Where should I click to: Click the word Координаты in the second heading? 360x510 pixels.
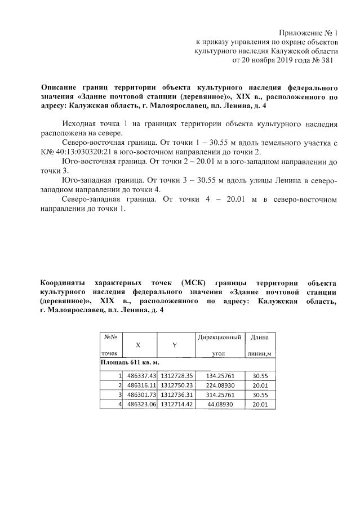64,282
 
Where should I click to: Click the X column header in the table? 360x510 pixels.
139,345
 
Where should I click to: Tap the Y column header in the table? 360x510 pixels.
175,345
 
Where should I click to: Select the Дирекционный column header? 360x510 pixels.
220,337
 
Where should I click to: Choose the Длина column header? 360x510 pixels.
259,337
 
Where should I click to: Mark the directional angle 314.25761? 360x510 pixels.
220,394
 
